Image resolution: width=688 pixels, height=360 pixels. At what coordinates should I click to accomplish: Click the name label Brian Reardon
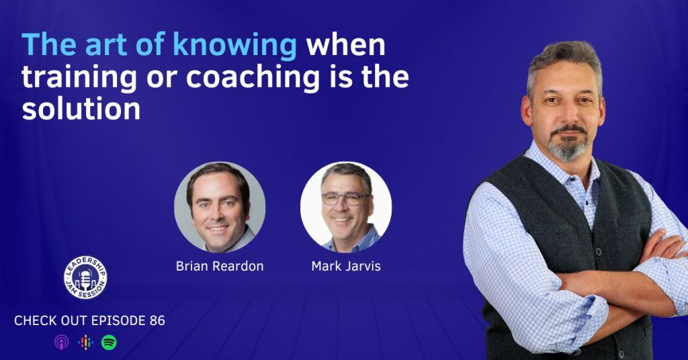pos(220,266)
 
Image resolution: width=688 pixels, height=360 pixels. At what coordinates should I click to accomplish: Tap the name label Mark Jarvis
pos(346,266)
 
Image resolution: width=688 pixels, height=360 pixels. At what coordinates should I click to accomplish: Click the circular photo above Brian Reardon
pos(220,207)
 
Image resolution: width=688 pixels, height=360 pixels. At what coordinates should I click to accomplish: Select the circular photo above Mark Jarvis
pos(346,207)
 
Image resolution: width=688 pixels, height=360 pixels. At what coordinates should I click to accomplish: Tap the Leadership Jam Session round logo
pos(85,277)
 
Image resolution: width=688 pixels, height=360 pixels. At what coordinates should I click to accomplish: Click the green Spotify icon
pos(109,342)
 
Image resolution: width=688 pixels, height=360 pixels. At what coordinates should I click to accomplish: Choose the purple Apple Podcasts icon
pos(61,342)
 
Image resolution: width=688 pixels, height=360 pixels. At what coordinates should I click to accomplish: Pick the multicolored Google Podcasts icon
pos(85,342)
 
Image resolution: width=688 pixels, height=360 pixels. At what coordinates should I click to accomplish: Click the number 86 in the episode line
pos(157,320)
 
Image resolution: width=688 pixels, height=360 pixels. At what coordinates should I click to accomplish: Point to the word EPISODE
pos(118,320)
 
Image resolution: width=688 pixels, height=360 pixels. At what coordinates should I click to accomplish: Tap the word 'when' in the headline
pos(346,45)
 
